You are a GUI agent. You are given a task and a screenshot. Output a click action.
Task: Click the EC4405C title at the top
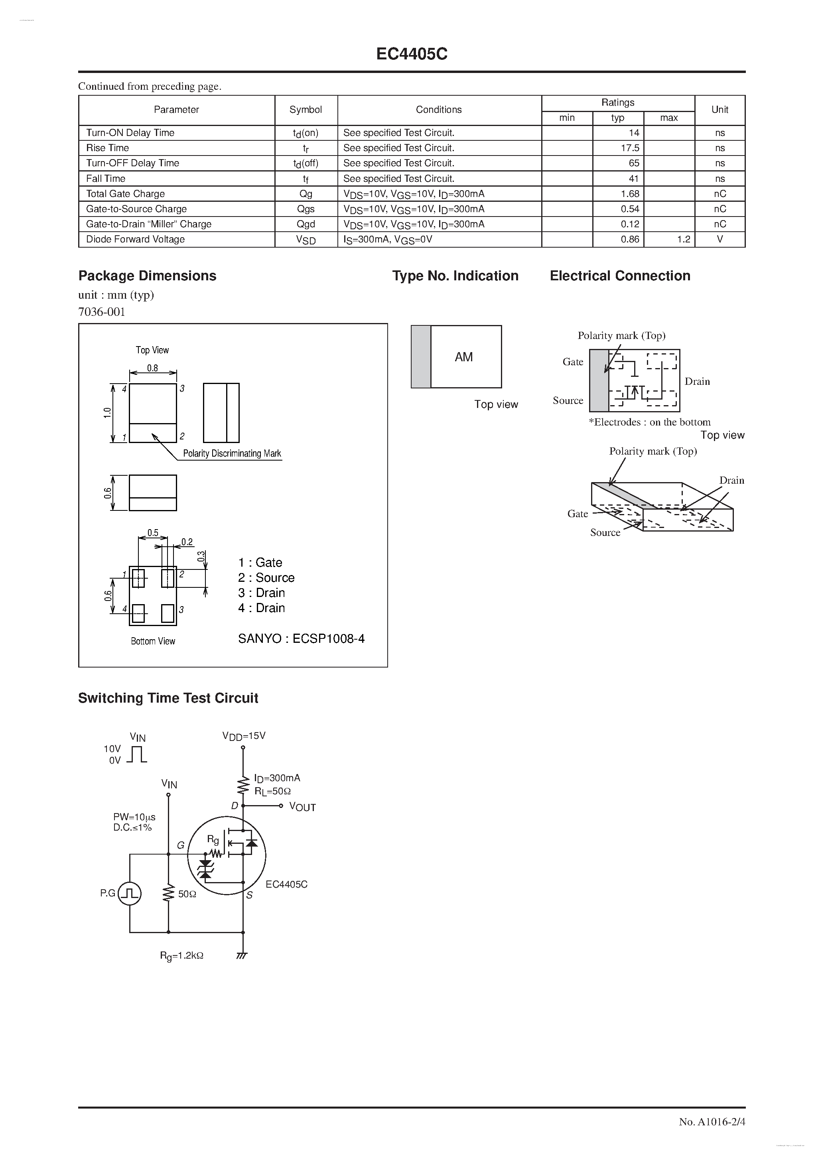coord(412,54)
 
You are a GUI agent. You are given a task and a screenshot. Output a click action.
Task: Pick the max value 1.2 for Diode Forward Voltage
coord(683,239)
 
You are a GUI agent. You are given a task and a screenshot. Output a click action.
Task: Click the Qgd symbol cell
coord(306,224)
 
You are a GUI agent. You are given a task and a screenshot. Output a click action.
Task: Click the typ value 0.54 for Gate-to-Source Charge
coord(629,209)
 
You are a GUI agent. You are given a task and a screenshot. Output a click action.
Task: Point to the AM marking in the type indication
coord(463,357)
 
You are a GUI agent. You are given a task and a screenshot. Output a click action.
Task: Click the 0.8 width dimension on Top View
coord(152,368)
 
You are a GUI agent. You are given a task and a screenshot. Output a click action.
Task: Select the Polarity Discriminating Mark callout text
coord(232,453)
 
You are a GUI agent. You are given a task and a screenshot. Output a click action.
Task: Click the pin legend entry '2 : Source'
coord(266,577)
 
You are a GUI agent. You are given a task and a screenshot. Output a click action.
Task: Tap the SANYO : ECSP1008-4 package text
coord(301,638)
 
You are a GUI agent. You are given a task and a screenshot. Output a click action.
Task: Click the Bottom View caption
coord(152,641)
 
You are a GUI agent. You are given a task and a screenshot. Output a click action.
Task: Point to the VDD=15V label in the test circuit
coord(244,736)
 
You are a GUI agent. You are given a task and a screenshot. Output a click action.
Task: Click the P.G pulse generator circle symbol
coord(130,893)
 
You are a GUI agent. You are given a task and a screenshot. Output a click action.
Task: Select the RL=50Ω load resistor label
coord(273,791)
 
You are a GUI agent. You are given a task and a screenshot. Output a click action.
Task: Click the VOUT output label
coord(302,807)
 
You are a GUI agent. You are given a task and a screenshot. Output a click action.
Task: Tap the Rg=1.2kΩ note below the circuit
coord(181,955)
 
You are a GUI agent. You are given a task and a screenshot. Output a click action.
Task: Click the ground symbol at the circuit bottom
coord(242,955)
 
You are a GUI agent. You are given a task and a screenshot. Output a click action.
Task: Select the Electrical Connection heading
coord(620,276)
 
